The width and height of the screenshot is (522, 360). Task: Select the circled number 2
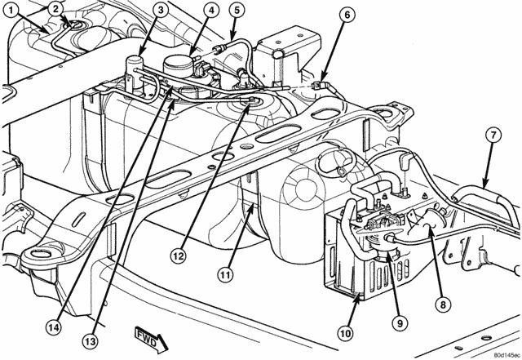coord(55,9)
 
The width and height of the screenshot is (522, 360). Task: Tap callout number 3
coord(161,10)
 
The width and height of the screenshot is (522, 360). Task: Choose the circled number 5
coord(236,11)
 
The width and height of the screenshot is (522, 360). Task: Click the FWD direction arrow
coord(150,335)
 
